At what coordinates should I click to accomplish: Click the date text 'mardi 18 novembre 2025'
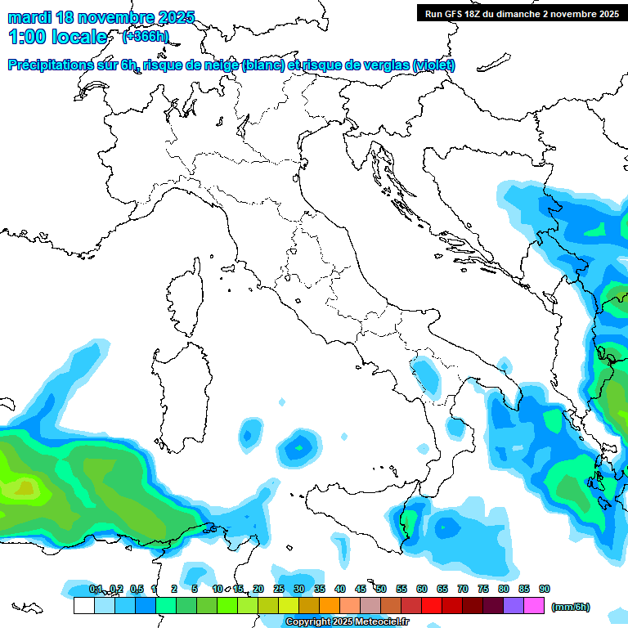pyautogui.click(x=101, y=17)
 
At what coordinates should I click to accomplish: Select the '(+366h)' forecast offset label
pyautogui.click(x=146, y=36)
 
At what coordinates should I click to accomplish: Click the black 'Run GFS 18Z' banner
pyautogui.click(x=520, y=13)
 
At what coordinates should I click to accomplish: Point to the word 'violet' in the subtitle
pyautogui.click(x=433, y=65)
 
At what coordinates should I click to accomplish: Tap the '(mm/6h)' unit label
pyautogui.click(x=572, y=607)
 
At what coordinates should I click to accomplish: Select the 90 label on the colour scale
pyautogui.click(x=545, y=589)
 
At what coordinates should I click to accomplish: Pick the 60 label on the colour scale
pyautogui.click(x=422, y=589)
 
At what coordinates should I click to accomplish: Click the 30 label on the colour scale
pyautogui.click(x=299, y=589)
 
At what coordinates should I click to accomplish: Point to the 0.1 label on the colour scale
pyautogui.click(x=96, y=589)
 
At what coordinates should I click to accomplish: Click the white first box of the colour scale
pyautogui.click(x=84, y=606)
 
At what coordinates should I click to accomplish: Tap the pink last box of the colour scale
pyautogui.click(x=534, y=606)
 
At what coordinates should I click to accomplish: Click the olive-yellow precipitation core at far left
pyautogui.click(x=23, y=488)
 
